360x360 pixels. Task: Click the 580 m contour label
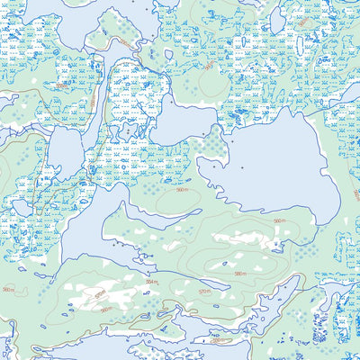coord(239,274)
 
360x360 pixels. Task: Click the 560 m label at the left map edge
coord(8,289)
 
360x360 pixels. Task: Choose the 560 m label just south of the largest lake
coord(278,220)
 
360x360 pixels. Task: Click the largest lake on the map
coord(270,162)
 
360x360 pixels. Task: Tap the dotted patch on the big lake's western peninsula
coord(213,144)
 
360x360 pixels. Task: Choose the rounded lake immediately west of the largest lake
coord(180,121)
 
